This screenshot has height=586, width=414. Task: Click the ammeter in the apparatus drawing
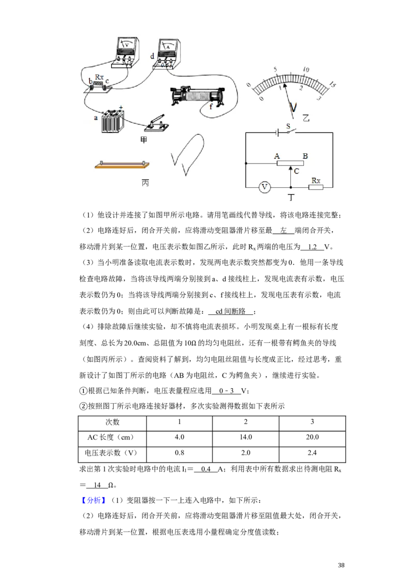pyautogui.click(x=167, y=52)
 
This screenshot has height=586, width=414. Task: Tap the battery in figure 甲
pyautogui.click(x=112, y=121)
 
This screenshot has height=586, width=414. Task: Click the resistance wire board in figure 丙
pyautogui.click(x=122, y=165)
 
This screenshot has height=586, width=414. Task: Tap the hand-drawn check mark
pyautogui.click(x=188, y=154)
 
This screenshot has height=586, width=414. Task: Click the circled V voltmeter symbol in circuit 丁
pyautogui.click(x=264, y=187)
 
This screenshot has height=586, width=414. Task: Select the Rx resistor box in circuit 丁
pyautogui.click(x=316, y=187)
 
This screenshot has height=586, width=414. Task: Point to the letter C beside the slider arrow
pyautogui.click(x=297, y=171)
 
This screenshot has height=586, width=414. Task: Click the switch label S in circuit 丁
pyautogui.click(x=288, y=126)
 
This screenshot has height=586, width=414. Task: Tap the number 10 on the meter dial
pyautogui.click(x=306, y=69)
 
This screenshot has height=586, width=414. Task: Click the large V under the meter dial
pyautogui.click(x=293, y=107)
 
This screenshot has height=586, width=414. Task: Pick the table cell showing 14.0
pyautogui.click(x=245, y=437)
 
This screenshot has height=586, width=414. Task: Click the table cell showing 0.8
pyautogui.click(x=180, y=453)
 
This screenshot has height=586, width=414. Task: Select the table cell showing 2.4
pyautogui.click(x=312, y=453)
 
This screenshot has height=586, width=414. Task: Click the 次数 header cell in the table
pyautogui.click(x=112, y=422)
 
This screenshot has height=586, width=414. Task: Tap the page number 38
pyautogui.click(x=341, y=565)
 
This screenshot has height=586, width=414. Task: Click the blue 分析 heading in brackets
pyautogui.click(x=94, y=501)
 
